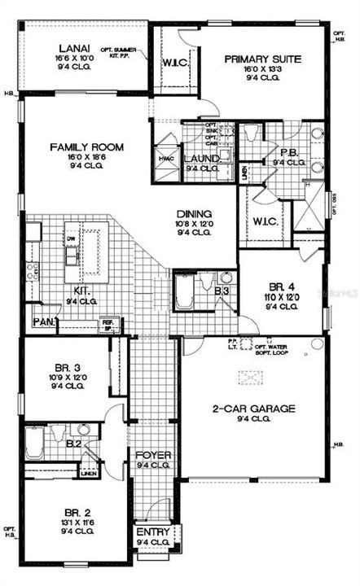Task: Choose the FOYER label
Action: pyautogui.click(x=151, y=455)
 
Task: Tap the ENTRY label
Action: pyautogui.click(x=151, y=532)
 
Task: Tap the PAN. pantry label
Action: pyautogui.click(x=43, y=322)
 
